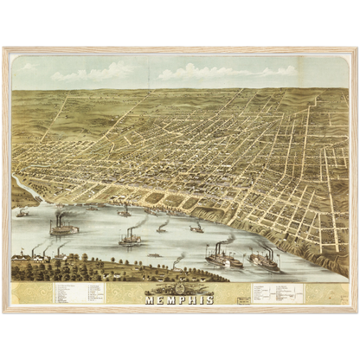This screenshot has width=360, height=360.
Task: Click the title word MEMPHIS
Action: [x=179, y=299]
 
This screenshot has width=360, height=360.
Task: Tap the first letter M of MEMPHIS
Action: [x=149, y=299]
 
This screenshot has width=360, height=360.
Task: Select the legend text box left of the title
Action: [x=78, y=292]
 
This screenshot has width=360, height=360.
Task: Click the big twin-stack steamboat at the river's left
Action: [x=63, y=228]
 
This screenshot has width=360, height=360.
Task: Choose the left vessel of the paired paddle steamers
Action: [x=223, y=258]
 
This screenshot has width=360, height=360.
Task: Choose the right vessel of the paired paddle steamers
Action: [x=264, y=260]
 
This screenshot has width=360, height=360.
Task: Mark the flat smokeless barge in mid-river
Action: [x=154, y=254]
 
